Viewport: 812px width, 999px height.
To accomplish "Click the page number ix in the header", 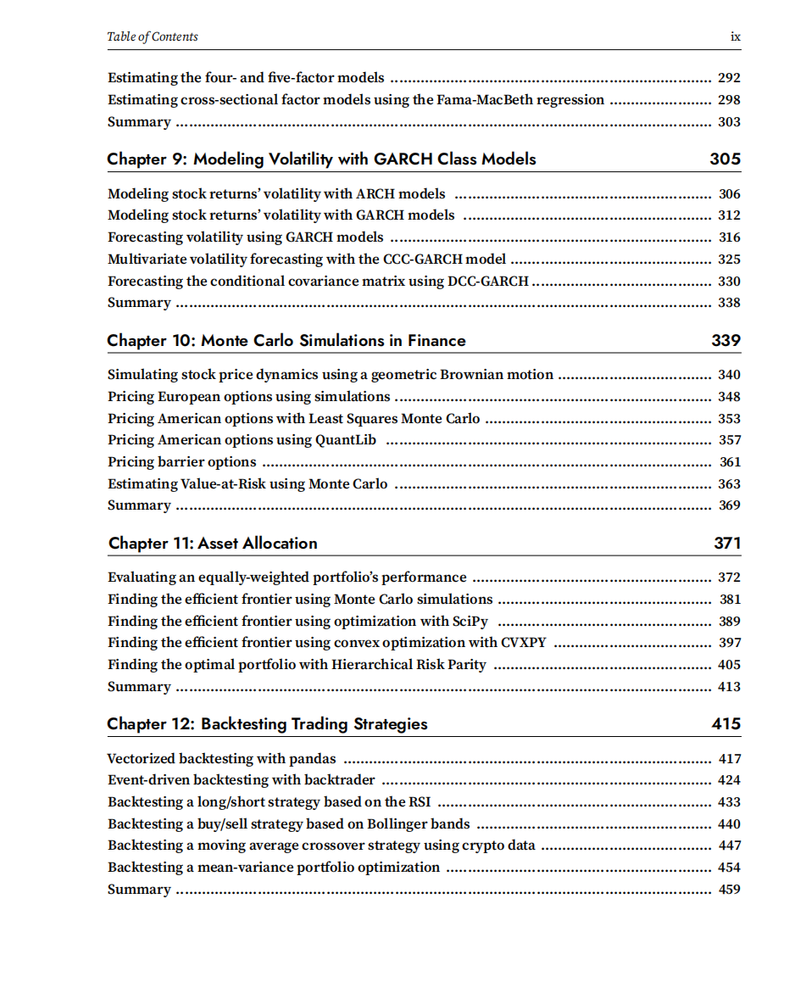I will [735, 36].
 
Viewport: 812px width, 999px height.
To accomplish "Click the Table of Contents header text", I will [153, 36].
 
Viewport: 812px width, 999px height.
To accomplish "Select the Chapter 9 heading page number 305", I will [725, 159].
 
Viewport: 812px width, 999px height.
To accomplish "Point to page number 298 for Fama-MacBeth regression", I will [729, 100].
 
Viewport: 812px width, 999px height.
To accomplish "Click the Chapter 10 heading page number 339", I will [726, 340].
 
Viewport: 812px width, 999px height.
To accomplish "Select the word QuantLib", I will [346, 440].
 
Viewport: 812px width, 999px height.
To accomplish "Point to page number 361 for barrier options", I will [730, 462].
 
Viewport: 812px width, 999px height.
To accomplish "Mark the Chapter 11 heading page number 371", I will [726, 543].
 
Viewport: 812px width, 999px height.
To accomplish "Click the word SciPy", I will [470, 622].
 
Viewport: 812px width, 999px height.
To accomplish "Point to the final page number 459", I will [729, 890].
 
